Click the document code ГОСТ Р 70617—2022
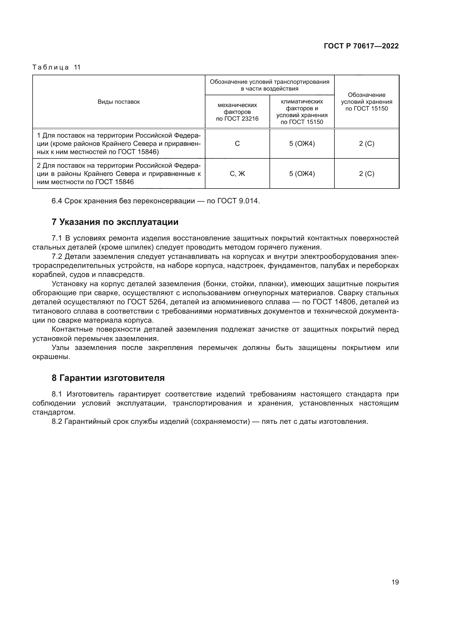coord(361,46)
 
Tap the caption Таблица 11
coord(56,67)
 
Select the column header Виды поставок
coord(119,102)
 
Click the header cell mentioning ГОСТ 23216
coord(237,112)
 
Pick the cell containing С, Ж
coord(237,174)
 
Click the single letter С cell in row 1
coord(237,144)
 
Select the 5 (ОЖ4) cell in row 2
coord(302,174)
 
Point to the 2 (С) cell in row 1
coord(366,144)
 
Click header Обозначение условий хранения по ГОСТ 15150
coord(366,102)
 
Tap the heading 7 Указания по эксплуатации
coord(115,222)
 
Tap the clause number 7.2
coord(57,256)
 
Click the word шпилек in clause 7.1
coord(141,247)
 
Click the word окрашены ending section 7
coord(51,357)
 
